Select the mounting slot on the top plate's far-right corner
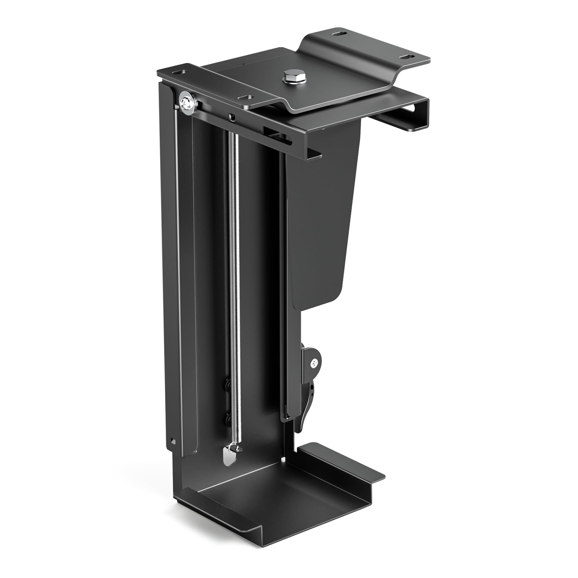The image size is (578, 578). [405, 57]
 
